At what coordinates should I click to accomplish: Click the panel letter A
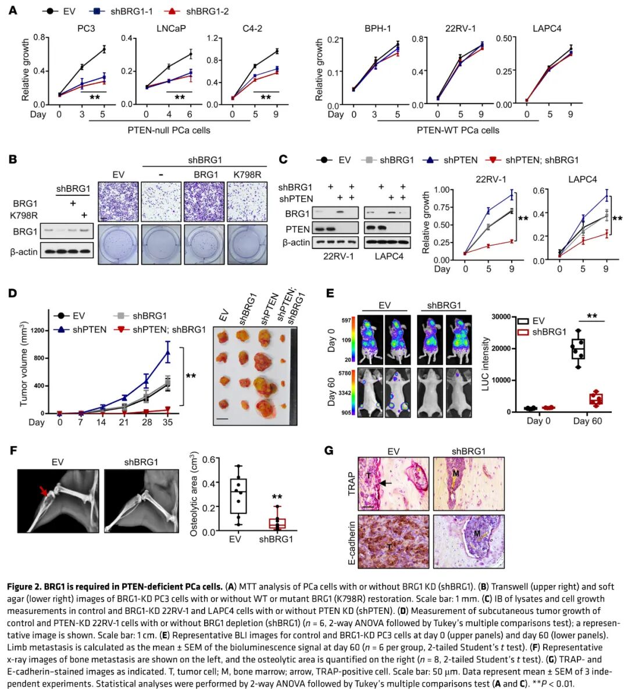click(13, 10)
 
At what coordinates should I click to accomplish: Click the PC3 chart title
click(85, 28)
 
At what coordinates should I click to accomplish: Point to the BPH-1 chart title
click(377, 28)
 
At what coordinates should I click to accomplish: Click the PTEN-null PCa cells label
click(169, 130)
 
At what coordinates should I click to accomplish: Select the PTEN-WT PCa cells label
click(458, 130)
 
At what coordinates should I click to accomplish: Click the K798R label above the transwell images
click(247, 174)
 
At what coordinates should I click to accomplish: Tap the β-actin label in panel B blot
click(23, 251)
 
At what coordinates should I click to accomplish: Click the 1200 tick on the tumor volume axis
click(39, 330)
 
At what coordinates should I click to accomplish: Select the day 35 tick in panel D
click(168, 422)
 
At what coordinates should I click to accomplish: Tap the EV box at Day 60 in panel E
click(578, 349)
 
